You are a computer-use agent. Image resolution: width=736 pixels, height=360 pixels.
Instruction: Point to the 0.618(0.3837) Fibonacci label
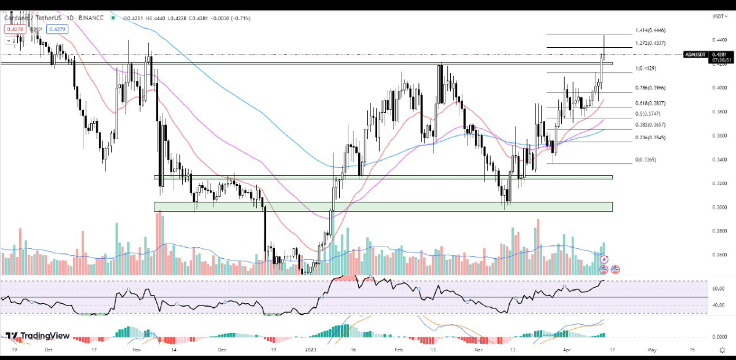651,103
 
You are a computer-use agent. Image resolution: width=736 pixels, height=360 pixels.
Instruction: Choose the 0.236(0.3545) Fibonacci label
651,137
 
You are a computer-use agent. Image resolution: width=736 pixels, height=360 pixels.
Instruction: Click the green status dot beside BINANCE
113,18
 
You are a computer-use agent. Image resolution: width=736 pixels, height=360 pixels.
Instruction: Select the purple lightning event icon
604,259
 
